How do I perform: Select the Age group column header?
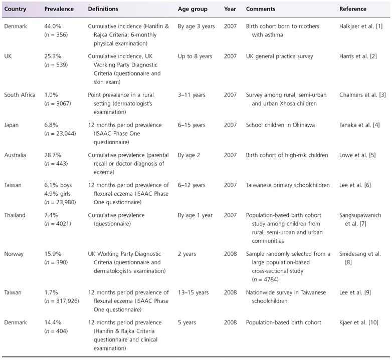click(x=193, y=9)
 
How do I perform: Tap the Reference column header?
click(x=352, y=9)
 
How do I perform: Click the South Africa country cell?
click(x=20, y=95)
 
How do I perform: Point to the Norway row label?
click(x=15, y=254)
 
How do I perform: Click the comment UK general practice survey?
click(x=279, y=57)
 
